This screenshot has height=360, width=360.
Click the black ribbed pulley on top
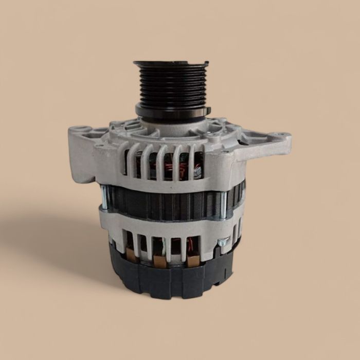pos(171,85)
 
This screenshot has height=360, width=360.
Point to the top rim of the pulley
pos(171,64)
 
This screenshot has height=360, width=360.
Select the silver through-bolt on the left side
pos(105,198)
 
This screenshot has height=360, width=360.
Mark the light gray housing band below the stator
pos(170,222)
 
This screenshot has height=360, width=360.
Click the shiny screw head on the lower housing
pos(222,241)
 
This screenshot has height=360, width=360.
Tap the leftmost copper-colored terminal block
pos(132,255)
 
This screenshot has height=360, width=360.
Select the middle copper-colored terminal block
pos(160,260)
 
